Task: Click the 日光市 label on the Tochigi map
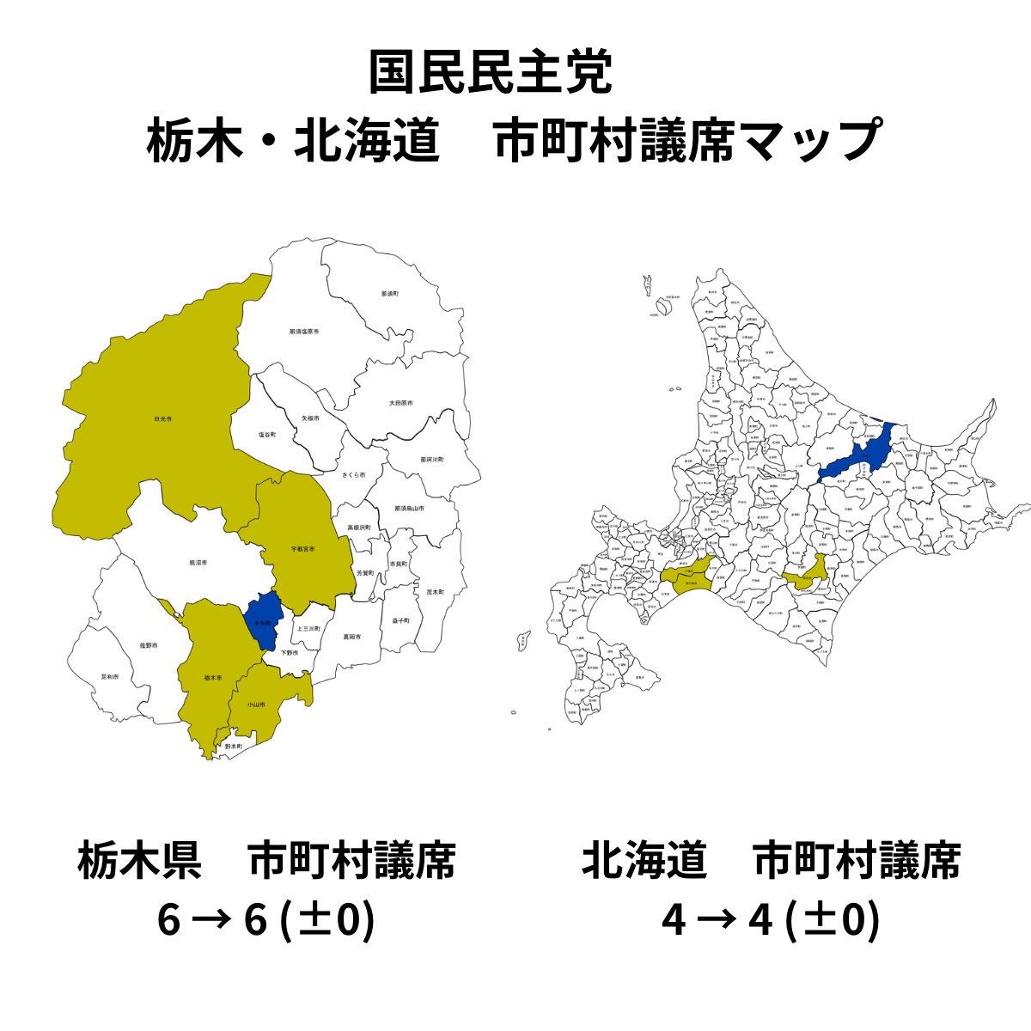[162, 419]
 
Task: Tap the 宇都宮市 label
[302, 548]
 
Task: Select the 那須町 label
[390, 294]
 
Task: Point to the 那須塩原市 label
[304, 331]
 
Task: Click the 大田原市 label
[400, 403]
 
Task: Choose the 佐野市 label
[149, 644]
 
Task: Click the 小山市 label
[256, 705]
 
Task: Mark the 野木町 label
[234, 747]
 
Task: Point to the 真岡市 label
[351, 637]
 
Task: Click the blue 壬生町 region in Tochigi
[262, 620]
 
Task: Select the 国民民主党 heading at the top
[491, 74]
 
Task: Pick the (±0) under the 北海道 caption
[831, 920]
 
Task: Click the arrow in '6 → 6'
[212, 921]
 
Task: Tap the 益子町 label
[400, 619]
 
